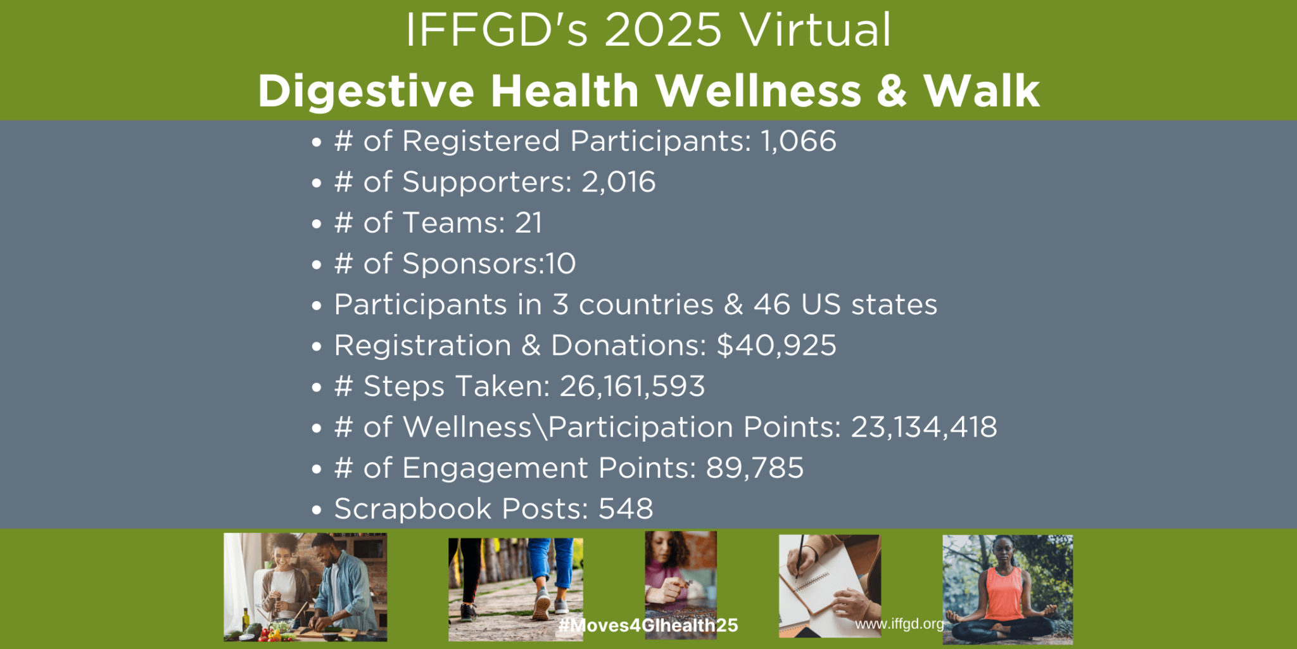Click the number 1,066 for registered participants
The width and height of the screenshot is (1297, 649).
click(x=798, y=141)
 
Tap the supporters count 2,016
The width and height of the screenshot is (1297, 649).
click(x=618, y=182)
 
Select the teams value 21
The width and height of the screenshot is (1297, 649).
click(x=528, y=223)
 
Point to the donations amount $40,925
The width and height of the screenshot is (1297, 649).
click(x=776, y=345)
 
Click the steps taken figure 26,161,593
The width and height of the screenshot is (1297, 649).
click(x=632, y=386)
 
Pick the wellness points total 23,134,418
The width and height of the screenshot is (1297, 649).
click(x=923, y=427)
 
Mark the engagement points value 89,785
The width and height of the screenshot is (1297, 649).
click(x=754, y=468)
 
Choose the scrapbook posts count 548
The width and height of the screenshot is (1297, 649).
click(x=626, y=509)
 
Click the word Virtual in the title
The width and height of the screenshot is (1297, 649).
click(x=816, y=30)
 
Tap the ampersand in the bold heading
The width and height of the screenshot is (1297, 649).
click(x=892, y=91)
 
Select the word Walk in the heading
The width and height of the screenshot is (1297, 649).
click(x=981, y=91)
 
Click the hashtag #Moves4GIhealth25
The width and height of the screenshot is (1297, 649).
click(x=648, y=626)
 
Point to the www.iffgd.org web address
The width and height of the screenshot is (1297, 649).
click(x=899, y=624)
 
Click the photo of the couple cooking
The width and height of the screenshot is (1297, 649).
click(x=305, y=586)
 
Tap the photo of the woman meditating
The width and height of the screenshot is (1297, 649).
click(x=1007, y=589)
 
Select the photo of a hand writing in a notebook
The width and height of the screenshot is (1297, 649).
click(x=830, y=585)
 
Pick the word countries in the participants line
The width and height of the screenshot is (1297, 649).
click(x=646, y=305)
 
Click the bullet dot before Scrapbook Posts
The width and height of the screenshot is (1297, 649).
click(x=317, y=510)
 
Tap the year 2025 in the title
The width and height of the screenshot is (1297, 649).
click(x=662, y=30)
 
